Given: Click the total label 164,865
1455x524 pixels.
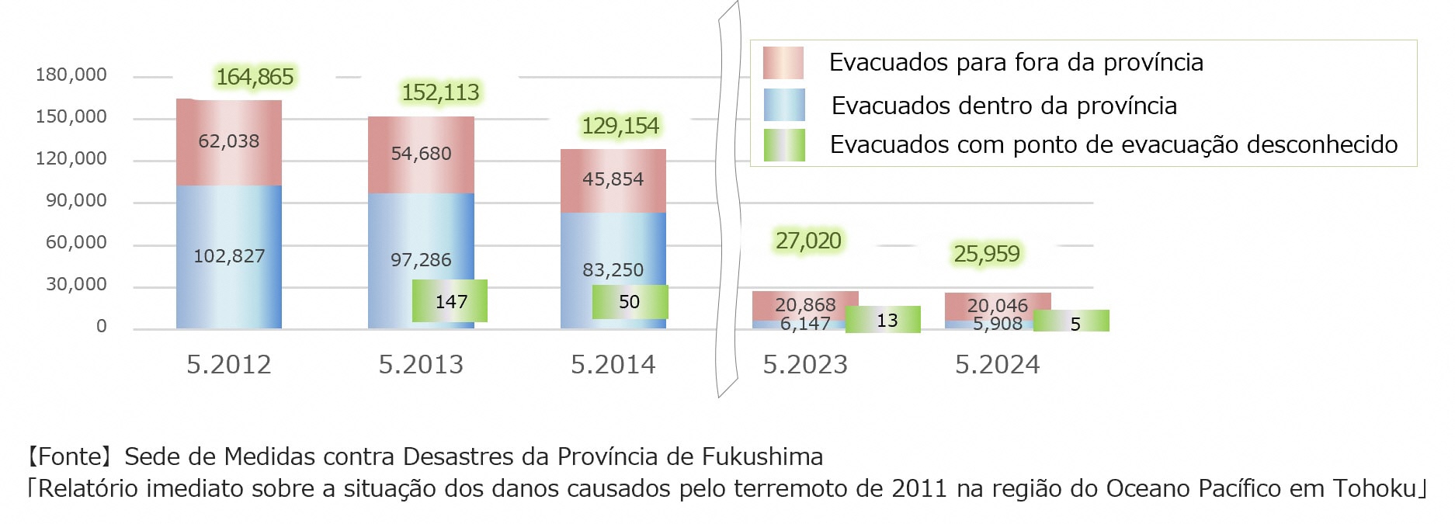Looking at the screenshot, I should pos(255,77).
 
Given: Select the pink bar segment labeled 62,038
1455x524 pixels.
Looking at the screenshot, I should pos(229,141).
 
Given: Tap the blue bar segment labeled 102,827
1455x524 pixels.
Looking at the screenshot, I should pos(229,256).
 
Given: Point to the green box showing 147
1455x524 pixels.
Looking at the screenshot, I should pos(450,301).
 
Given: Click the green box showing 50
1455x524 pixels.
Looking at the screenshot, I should pos(630,302).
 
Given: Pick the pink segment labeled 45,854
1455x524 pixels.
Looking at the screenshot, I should pos(613,179).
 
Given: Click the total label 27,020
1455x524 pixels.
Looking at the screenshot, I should pos(808,241).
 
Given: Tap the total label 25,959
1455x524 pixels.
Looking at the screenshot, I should pos(987,254).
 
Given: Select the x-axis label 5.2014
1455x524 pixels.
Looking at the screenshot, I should pos(613,365).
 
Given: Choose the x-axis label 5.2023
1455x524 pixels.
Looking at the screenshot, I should pos(805,365).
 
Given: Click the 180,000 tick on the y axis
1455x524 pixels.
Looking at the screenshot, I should pos(71,75).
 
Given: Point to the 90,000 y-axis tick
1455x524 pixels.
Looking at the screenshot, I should pos(76,201).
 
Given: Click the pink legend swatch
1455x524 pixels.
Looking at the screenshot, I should pos(783,63).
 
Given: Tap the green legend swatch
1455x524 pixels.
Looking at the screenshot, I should pos(783,145).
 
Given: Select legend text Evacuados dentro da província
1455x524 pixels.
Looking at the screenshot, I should pos(1004,106).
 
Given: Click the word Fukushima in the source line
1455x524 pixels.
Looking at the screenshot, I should pos(762,456).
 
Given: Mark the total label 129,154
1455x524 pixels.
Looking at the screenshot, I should pos(620,126).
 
